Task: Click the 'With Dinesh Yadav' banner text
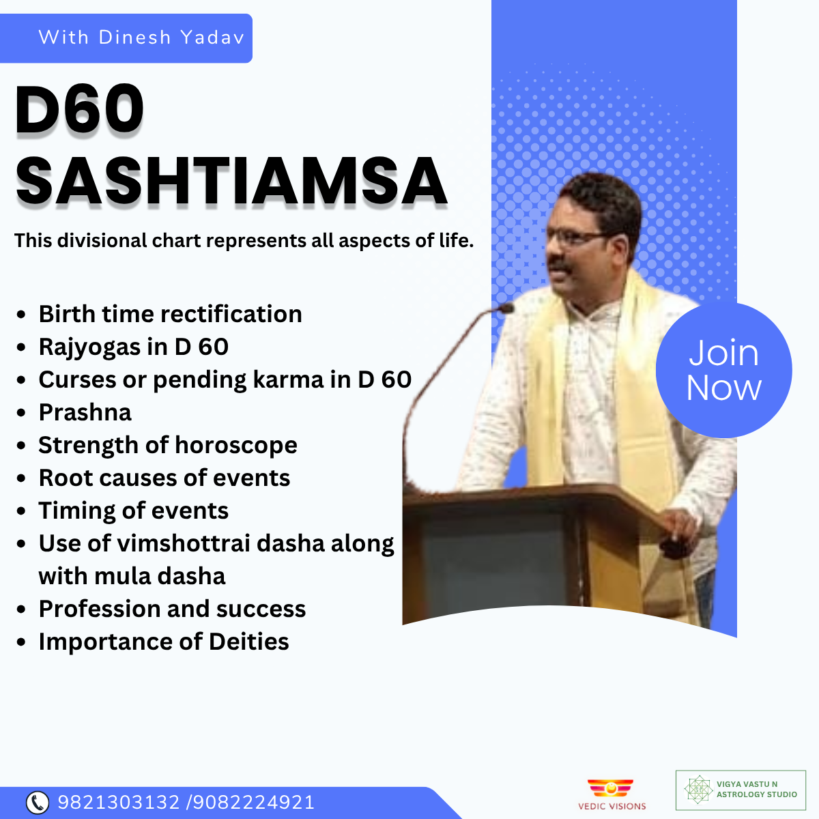[x=141, y=38]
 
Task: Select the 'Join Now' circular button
[x=723, y=370]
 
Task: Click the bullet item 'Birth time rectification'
[x=170, y=314]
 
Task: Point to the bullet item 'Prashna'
[x=85, y=413]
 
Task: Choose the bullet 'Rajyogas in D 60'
[x=134, y=347]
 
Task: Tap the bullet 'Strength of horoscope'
[x=168, y=446]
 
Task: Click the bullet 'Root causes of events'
[x=164, y=478]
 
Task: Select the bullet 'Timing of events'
[x=134, y=511]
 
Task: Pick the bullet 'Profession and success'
[x=172, y=609]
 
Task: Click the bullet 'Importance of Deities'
[x=164, y=642]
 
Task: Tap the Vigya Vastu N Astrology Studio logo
[x=741, y=790]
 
